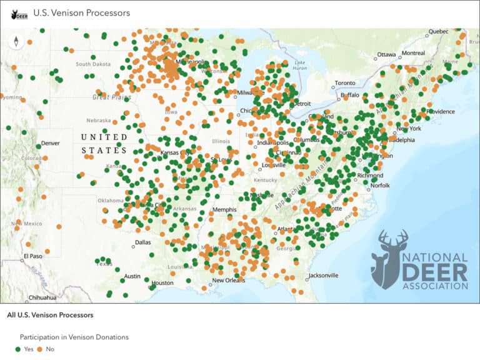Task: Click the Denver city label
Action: click(x=51, y=143)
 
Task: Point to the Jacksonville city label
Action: click(x=323, y=275)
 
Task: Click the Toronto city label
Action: click(x=345, y=83)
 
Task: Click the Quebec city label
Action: click(x=439, y=31)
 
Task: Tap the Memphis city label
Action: click(x=224, y=209)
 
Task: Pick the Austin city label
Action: click(x=132, y=276)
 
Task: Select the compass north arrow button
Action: click(x=16, y=42)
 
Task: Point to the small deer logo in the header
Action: click(x=19, y=13)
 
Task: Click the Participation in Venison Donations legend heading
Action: click(x=74, y=337)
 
